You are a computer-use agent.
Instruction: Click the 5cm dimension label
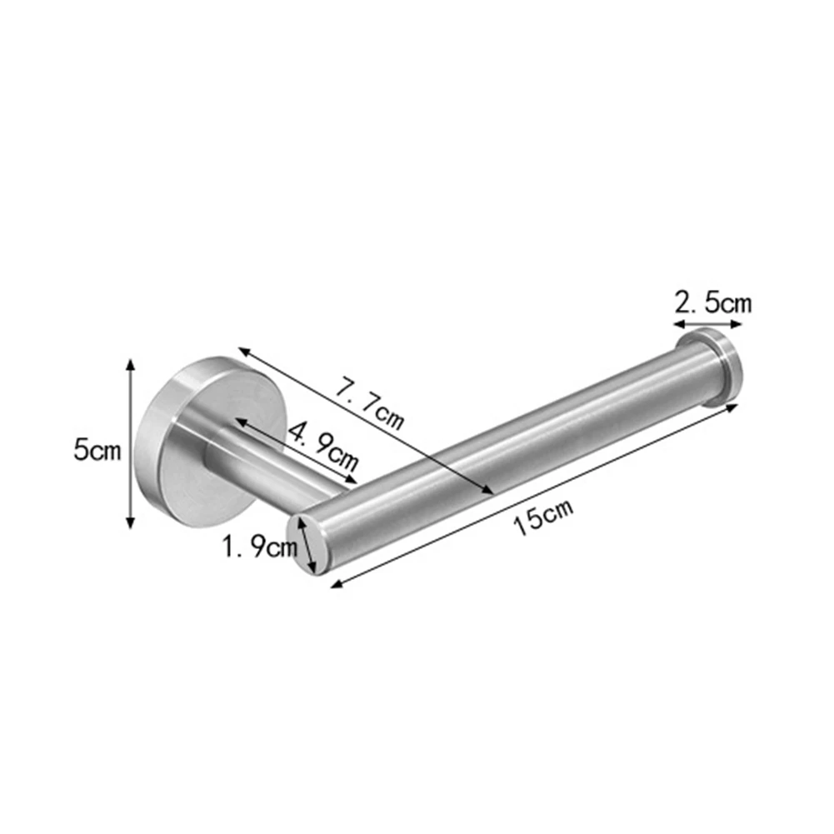pos(97,449)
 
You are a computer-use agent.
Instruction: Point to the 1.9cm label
pos(260,547)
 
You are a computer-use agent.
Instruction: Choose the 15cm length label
pos(543,517)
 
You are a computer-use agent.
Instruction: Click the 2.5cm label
pos(713,303)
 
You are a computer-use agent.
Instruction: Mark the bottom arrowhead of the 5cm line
pos(130,523)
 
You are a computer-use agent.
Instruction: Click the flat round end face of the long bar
pos(305,544)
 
